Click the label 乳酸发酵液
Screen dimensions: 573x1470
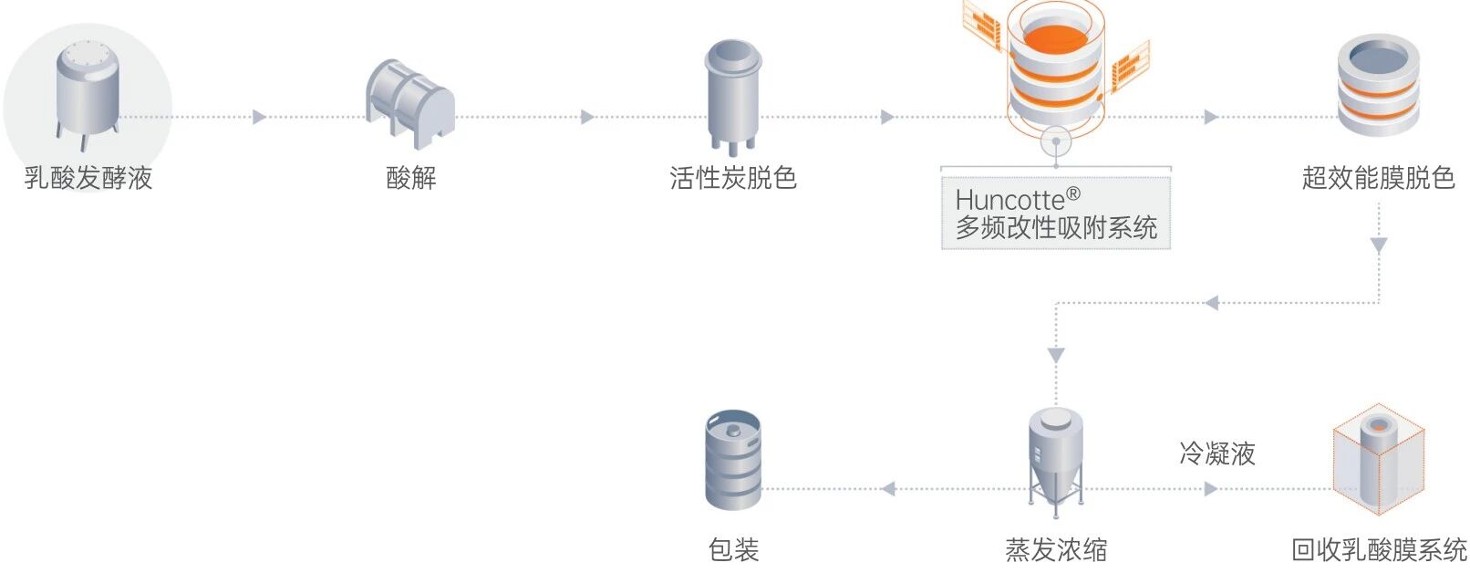[x=88, y=177]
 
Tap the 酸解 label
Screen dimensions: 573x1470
[x=411, y=177]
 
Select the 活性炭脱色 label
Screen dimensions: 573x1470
[x=733, y=177]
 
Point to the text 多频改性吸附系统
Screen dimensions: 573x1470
[x=1056, y=227]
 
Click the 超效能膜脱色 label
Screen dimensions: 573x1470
[x=1378, y=177]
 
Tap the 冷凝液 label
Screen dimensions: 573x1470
[x=1216, y=453]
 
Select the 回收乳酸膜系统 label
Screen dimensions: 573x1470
[x=1379, y=549]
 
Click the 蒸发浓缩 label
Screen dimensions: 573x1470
[x=1056, y=549]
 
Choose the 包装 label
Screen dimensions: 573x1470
[x=733, y=549]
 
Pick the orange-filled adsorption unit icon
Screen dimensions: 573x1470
[x=1056, y=68]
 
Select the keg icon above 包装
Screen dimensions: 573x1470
[x=733, y=460]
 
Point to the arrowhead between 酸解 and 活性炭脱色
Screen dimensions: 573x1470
[x=588, y=117]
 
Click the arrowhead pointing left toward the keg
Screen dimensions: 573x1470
[x=888, y=489]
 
